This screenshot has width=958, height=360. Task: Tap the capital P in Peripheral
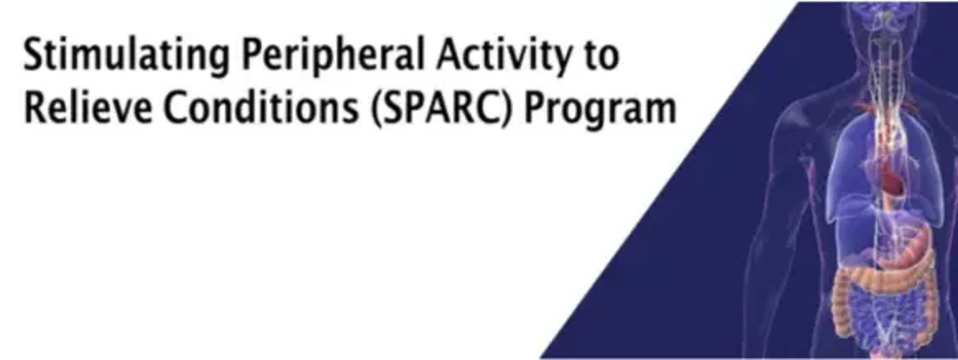[x=252, y=54]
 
